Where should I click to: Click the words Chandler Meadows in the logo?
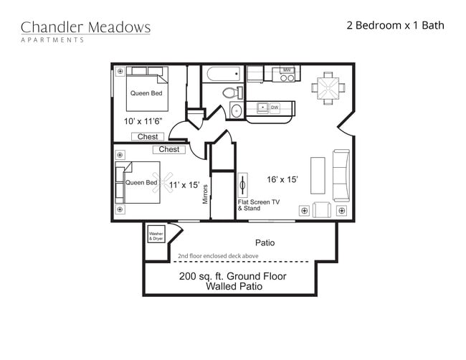click(85, 27)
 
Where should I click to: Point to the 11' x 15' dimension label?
click(184, 184)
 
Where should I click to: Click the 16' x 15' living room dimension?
click(282, 179)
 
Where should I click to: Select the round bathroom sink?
click(237, 110)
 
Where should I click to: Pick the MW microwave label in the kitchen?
click(287, 70)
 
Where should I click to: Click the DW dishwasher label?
click(275, 108)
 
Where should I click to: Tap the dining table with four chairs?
click(327, 87)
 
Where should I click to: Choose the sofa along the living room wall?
click(341, 174)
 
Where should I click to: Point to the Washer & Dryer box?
click(156, 235)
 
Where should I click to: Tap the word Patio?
click(265, 242)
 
